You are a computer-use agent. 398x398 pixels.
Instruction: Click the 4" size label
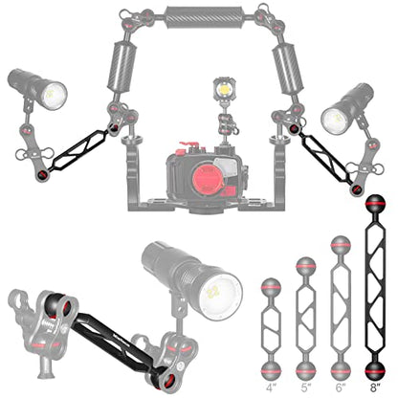[271, 388]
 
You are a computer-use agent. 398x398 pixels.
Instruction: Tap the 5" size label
[306, 388]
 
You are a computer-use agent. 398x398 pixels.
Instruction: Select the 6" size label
[341, 388]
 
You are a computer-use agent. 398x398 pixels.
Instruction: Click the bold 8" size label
[375, 388]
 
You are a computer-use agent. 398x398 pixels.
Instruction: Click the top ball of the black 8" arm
[375, 203]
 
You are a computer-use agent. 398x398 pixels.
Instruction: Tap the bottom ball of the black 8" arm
[375, 371]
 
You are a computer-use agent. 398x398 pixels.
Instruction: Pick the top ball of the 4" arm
[271, 288]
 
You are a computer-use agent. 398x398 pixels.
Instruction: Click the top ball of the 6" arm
[341, 246]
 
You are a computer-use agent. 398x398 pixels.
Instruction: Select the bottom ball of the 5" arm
[306, 371]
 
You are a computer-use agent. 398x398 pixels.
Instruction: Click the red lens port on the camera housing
[208, 180]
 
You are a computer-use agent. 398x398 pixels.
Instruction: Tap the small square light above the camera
[225, 89]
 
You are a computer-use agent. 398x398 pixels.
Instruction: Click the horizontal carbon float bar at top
[205, 15]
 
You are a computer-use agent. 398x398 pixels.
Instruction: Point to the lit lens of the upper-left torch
[55, 95]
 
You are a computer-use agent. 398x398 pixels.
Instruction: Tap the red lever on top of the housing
[188, 145]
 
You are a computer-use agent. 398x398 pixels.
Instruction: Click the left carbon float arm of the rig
[122, 67]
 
